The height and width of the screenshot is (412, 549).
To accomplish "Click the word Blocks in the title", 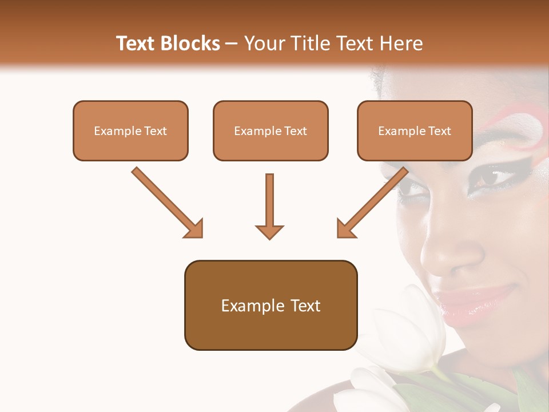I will pos(190,43).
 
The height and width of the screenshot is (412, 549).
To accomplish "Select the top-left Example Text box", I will pos(130,130).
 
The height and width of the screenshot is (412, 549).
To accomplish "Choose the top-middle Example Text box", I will pos(270,130).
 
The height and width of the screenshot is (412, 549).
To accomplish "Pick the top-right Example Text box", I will pos(415,130).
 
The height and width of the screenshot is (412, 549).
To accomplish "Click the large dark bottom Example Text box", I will pos(270,305).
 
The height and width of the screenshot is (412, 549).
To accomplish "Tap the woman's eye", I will pos(491,177).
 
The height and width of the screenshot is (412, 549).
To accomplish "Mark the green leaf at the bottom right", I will pos(529,389).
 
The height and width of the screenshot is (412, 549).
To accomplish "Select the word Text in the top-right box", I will pos(439,131).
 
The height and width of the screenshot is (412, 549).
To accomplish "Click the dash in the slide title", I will pos(232,43).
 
